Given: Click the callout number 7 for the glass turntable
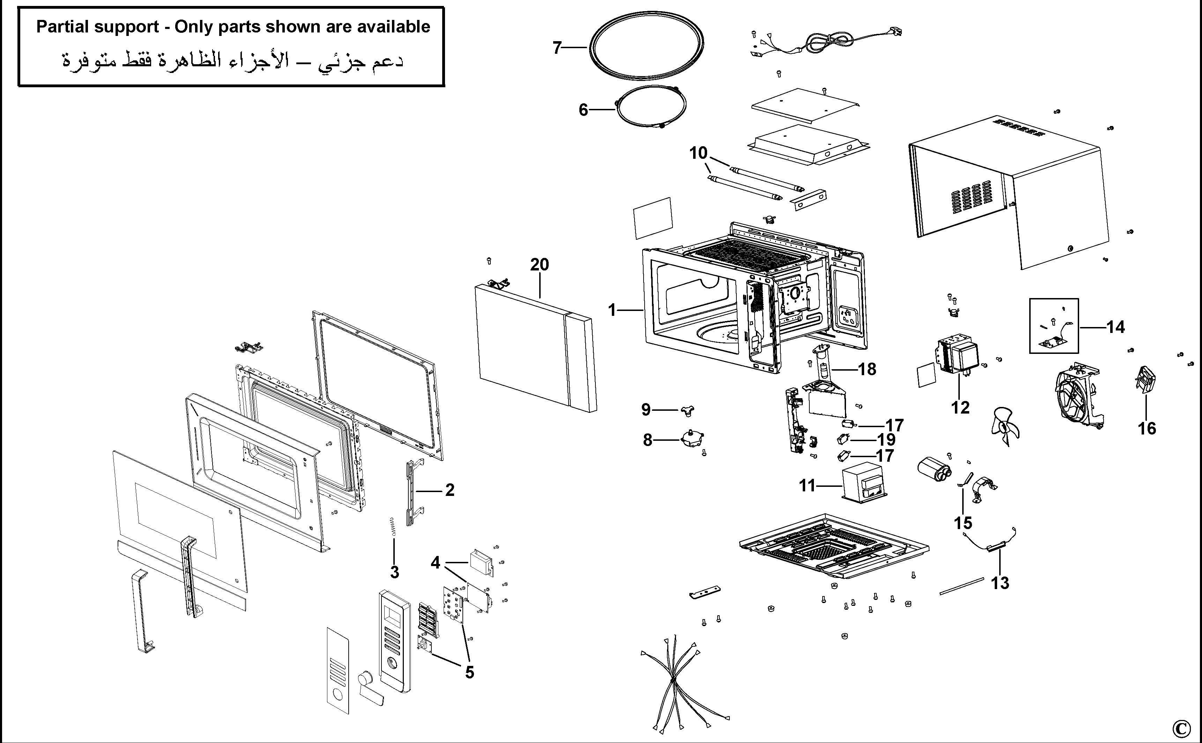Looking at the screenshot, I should pyautogui.click(x=557, y=48).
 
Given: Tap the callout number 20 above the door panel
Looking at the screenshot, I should pyautogui.click(x=539, y=265).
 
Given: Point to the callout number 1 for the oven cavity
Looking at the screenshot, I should pyautogui.click(x=612, y=310).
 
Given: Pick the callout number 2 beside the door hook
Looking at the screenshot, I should pyautogui.click(x=450, y=490).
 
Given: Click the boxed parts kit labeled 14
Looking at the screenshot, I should pyautogui.click(x=1054, y=326).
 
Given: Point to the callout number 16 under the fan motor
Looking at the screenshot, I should pyautogui.click(x=1147, y=429).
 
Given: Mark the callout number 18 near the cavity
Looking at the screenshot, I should pyautogui.click(x=867, y=369).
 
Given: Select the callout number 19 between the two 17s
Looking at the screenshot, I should pyautogui.click(x=886, y=439).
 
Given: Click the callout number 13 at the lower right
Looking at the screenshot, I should pyautogui.click(x=1000, y=583).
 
